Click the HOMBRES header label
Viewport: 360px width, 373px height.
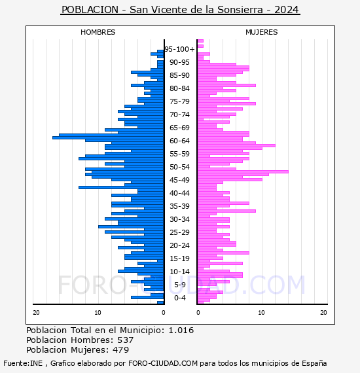[x=98, y=32]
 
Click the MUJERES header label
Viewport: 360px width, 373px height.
[x=262, y=32]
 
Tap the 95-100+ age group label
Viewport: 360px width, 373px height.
[x=179, y=49]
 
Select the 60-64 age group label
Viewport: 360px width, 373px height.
[x=179, y=141]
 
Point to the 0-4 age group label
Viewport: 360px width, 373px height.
[x=179, y=298]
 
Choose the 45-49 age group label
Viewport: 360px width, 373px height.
[x=179, y=180]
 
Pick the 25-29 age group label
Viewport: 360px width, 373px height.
[x=179, y=232]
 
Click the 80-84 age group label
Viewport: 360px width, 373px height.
[x=179, y=88]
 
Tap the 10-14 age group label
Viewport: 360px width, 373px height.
[x=179, y=272]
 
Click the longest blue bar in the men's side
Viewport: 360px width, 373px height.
[x=108, y=137]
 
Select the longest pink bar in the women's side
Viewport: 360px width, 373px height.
[x=243, y=171]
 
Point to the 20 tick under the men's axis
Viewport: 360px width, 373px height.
[x=36, y=313]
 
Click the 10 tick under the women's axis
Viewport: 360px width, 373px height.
[x=261, y=313]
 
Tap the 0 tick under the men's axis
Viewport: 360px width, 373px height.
[x=164, y=313]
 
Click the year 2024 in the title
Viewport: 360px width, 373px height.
[x=286, y=10]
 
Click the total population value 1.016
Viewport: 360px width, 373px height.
[x=181, y=330]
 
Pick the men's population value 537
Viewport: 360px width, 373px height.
[x=126, y=340]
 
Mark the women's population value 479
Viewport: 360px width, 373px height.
[x=121, y=349]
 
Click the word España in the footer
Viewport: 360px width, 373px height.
[x=314, y=363]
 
